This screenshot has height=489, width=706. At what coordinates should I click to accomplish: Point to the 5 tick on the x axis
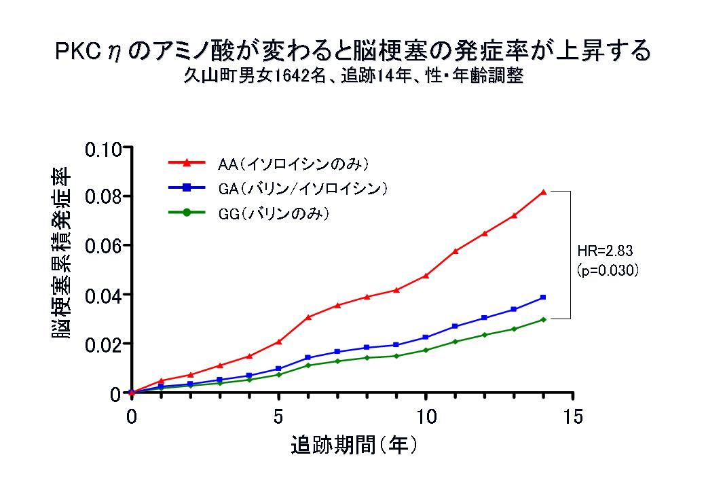[278, 416]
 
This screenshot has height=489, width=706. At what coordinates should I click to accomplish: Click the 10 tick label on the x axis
[426, 416]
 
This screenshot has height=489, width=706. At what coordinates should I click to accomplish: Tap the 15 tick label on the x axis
[572, 416]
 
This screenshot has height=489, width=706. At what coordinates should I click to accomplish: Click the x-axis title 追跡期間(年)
[353, 446]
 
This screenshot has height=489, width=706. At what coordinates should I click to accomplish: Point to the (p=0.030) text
[608, 269]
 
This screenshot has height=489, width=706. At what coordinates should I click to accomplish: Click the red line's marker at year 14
[543, 192]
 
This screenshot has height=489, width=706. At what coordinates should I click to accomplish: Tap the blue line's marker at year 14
[543, 297]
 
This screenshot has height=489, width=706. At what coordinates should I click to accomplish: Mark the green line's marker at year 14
[543, 319]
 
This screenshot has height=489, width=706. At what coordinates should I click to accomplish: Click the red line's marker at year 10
[426, 275]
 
